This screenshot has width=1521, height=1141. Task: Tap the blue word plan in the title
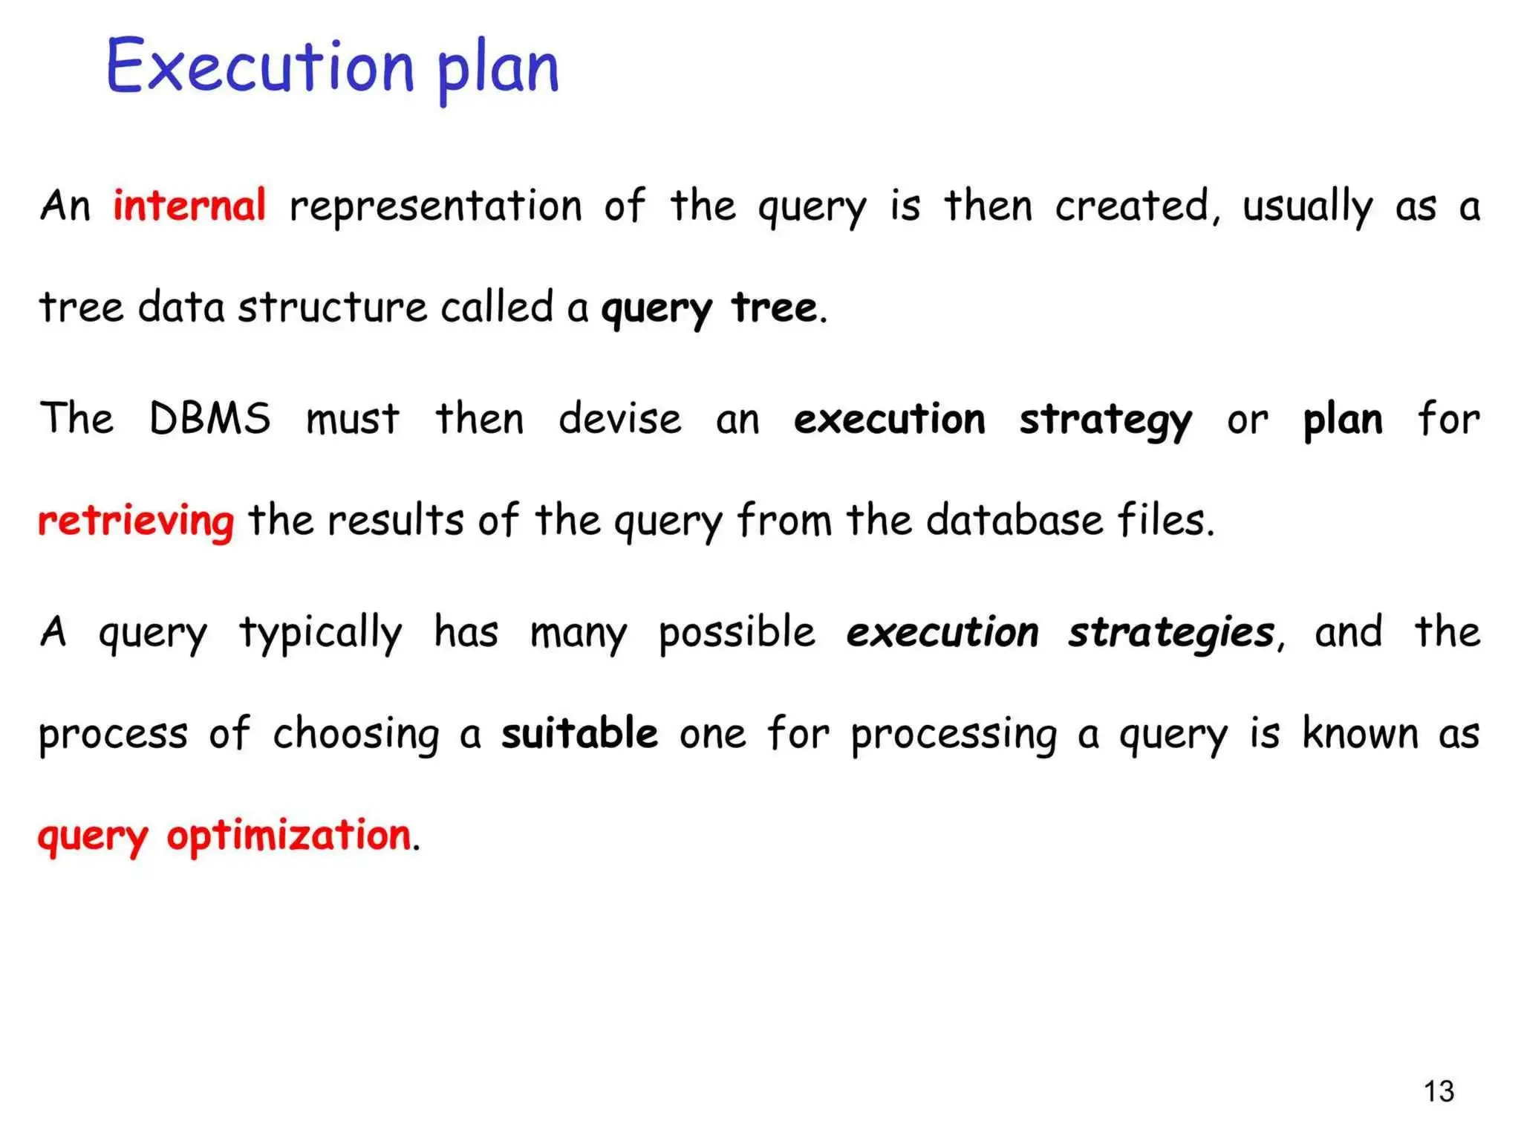(x=498, y=71)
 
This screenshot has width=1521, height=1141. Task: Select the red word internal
(x=189, y=206)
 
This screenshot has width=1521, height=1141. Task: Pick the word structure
(x=333, y=308)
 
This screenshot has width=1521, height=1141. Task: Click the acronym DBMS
(x=210, y=418)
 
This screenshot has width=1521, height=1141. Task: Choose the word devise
(x=620, y=418)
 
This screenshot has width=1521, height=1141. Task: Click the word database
(x=1014, y=520)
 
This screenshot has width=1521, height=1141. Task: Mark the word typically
(x=320, y=634)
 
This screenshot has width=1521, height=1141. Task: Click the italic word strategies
(x=1171, y=633)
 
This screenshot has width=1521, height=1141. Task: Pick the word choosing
(x=356, y=735)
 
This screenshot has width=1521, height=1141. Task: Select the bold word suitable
(x=579, y=734)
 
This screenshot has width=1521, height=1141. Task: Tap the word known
(x=1361, y=734)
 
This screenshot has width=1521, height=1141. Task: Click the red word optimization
(x=289, y=836)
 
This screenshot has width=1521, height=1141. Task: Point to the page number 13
(x=1439, y=1091)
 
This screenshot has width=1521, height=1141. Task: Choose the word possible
(x=737, y=634)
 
